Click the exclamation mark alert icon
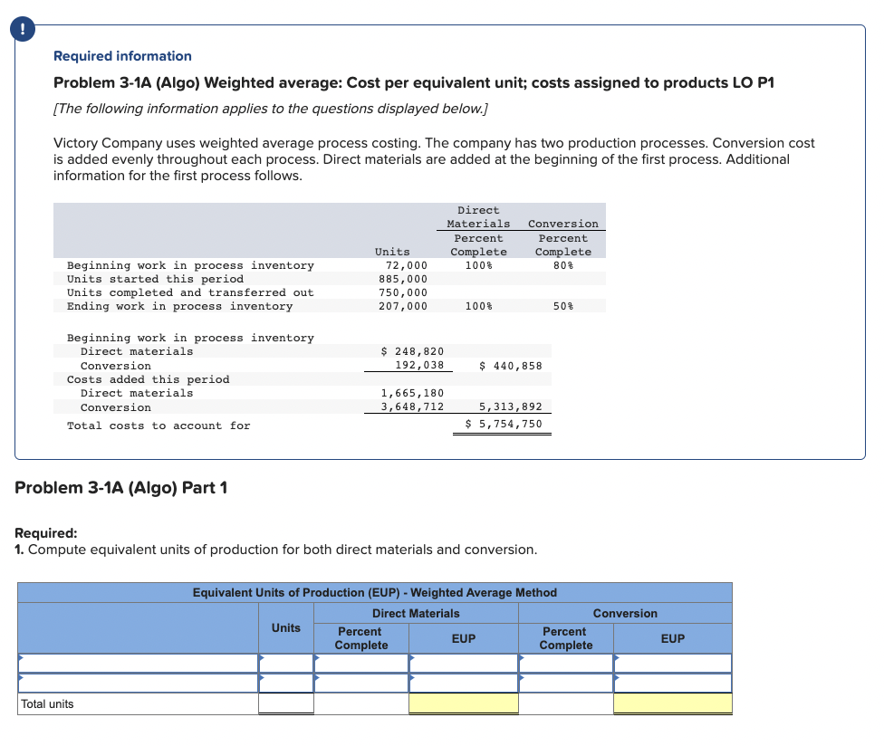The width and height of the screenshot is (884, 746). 17,29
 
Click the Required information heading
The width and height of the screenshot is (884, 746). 122,56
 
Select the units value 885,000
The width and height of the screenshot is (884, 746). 403,279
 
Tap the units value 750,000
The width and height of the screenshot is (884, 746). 403,292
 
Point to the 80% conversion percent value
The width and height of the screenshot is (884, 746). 562,265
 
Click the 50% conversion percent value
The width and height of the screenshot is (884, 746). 562,307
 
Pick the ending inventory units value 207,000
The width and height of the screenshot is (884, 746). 403,307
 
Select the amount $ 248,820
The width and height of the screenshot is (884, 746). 413,351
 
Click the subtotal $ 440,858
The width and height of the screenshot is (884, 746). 510,366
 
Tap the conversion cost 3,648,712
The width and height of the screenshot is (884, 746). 413,407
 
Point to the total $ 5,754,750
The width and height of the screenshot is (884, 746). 504,425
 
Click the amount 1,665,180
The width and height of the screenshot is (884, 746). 413,393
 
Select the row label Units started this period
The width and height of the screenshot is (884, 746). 155,279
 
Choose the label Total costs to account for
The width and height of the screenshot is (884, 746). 159,426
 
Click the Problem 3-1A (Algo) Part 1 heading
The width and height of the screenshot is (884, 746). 121,488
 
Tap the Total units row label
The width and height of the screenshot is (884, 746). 48,704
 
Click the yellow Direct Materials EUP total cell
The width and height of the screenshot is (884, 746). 463,703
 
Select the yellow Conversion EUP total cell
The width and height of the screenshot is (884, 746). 672,703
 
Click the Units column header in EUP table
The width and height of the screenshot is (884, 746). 286,628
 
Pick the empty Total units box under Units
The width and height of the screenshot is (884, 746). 286,703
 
